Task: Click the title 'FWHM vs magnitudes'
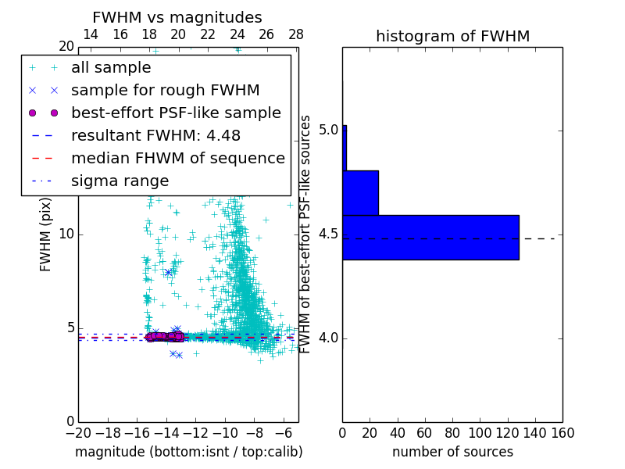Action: click(177, 18)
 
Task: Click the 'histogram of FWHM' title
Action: click(452, 36)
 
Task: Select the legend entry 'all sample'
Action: click(111, 68)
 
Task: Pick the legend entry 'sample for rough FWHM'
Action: click(165, 91)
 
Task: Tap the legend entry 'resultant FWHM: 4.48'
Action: click(155, 136)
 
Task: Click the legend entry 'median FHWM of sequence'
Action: click(177, 159)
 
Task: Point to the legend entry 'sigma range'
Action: click(120, 181)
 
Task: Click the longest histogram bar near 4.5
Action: click(430, 237)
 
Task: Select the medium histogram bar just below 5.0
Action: click(360, 192)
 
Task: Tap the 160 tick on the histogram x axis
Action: click(562, 433)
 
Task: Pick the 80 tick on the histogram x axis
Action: click(452, 433)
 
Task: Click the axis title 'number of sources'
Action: click(452, 452)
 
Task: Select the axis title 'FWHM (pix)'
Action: click(46, 234)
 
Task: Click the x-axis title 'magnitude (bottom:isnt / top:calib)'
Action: click(188, 452)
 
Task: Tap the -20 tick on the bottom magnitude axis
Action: click(78, 433)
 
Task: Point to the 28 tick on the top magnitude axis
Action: click(295, 34)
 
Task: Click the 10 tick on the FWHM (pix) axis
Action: click(66, 234)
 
